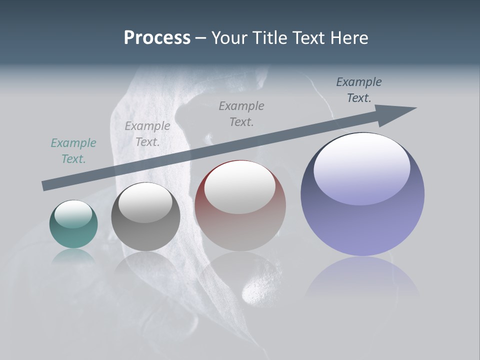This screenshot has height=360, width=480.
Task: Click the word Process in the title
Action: (157, 38)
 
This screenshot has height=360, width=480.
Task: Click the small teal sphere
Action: (73, 224)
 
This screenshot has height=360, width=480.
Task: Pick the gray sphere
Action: (145, 217)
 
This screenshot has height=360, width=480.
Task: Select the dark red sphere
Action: (240, 205)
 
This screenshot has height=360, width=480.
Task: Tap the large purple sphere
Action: (362, 194)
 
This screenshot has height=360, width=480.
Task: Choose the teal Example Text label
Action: (73, 150)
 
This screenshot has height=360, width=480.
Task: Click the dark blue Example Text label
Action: (358, 90)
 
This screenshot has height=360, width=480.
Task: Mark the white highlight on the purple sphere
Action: (361, 167)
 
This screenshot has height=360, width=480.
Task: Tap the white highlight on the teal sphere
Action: (73, 214)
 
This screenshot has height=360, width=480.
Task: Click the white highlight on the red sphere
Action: (240, 187)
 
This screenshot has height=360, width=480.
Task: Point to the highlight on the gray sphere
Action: (145, 203)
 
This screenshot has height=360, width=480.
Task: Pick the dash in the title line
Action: (200, 38)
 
